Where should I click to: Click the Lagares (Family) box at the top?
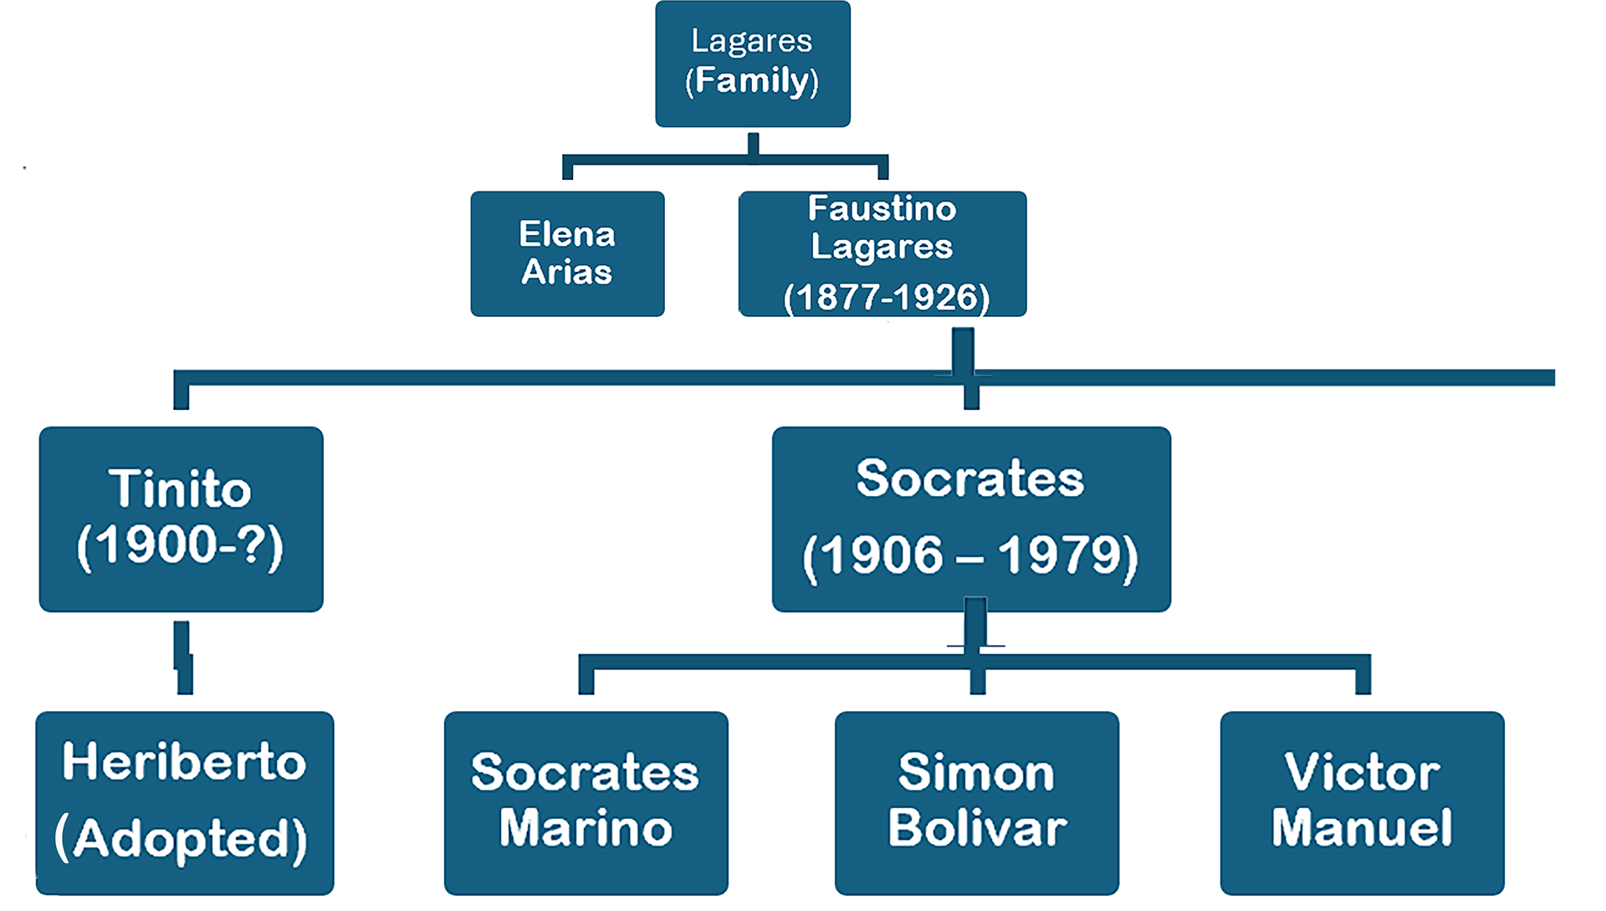(x=752, y=63)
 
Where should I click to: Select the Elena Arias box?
(x=567, y=253)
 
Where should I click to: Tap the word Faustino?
(x=882, y=209)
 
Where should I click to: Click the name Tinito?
(x=180, y=489)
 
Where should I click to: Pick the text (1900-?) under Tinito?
(x=180, y=546)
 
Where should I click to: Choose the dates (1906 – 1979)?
(x=970, y=555)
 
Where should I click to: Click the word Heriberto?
(x=184, y=762)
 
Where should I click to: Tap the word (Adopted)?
(x=182, y=839)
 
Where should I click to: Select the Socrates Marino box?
(x=586, y=802)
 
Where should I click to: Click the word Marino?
(x=586, y=827)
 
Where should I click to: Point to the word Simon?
(x=976, y=772)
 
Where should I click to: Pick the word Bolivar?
(x=976, y=827)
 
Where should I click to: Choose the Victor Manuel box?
(x=1362, y=802)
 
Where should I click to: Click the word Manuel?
(x=1362, y=827)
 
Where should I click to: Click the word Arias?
(x=567, y=273)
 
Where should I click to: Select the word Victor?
(x=1362, y=772)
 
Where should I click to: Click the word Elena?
(x=567, y=234)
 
